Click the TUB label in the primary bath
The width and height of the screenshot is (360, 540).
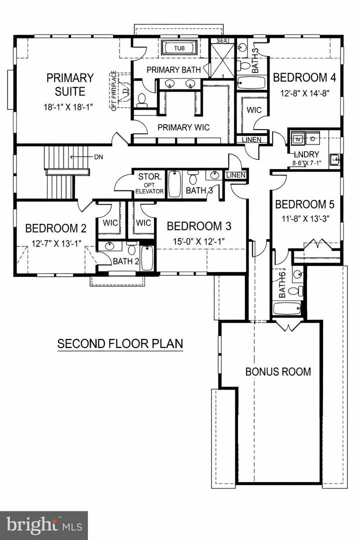click(178, 48)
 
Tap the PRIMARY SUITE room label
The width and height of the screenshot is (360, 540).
click(70, 84)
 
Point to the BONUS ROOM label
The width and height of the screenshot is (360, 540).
click(278, 371)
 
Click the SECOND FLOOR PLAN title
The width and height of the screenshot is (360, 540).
click(120, 344)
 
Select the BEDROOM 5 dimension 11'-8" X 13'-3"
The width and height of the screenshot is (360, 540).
click(304, 218)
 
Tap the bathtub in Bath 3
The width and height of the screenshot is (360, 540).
click(174, 184)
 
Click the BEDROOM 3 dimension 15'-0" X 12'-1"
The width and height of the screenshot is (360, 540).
click(198, 240)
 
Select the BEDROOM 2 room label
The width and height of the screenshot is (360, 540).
click(55, 228)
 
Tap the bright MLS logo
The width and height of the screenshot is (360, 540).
click(44, 525)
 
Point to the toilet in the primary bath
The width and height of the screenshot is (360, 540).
click(141, 99)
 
